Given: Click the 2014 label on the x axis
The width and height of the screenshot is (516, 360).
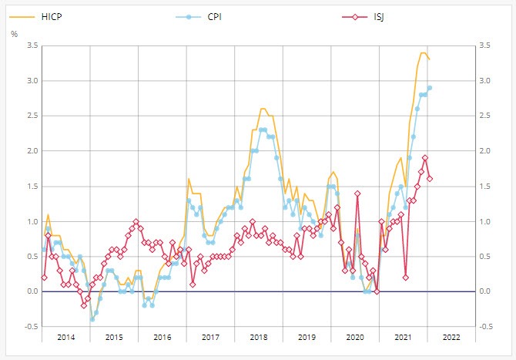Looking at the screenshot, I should pos(65,338).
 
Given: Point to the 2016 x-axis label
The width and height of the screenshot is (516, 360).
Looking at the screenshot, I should pos(162,338).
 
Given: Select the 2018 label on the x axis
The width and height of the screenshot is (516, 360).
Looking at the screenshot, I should pos(258,338).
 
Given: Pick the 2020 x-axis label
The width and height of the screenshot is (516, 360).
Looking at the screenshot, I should pos(354,338).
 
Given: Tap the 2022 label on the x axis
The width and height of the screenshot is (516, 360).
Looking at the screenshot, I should pos(451,338).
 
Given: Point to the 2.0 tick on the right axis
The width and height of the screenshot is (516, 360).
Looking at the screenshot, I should pos(485,151).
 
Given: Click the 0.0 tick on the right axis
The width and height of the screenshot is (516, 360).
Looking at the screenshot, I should pos(485,291).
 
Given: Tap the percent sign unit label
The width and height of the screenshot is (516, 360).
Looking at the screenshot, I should pos(14,33).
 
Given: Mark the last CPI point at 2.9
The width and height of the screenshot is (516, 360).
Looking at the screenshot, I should pos(430,87).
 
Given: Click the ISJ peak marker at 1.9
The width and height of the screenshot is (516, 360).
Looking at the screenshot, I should pos(425,158).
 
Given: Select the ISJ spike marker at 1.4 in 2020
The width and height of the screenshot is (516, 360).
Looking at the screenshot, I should pos(357,193).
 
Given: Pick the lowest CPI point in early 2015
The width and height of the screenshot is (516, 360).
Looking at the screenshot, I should pos(92,319).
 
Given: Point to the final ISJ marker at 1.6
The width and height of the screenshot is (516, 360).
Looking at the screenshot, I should pos(430,179).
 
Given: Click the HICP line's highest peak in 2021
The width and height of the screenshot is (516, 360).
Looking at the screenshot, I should pos(423,52).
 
